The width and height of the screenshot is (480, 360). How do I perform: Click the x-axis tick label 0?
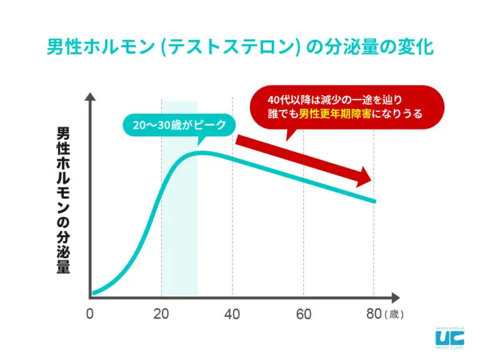click(91, 314)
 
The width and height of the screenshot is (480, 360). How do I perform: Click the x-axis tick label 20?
click(161, 314)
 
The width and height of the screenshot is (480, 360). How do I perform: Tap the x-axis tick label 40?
click(232, 314)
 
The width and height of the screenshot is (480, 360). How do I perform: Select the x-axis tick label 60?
click(304, 314)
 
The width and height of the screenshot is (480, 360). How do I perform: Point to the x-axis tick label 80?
click(374, 314)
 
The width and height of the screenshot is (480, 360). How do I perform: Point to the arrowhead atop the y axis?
click(91, 97)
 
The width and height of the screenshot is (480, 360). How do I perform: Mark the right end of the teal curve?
click(375, 201)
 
